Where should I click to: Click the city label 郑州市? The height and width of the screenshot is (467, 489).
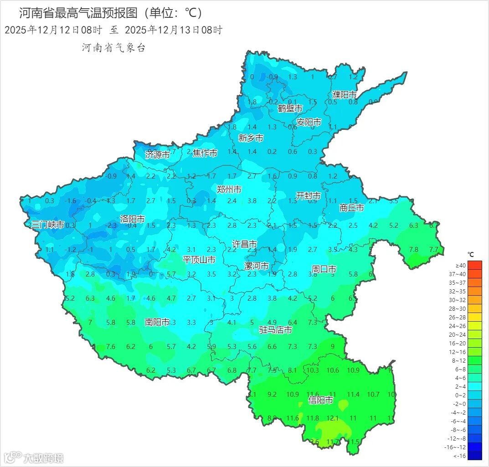(229, 190)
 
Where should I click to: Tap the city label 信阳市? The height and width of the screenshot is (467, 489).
(320, 400)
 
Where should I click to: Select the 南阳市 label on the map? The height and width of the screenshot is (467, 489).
(157, 322)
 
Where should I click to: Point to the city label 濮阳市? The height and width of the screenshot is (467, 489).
(344, 95)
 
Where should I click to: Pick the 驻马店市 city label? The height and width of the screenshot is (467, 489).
(275, 329)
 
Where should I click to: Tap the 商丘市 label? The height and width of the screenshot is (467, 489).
(352, 208)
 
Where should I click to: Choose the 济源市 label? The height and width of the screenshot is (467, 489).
(157, 154)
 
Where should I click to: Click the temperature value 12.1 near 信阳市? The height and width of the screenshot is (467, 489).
(332, 418)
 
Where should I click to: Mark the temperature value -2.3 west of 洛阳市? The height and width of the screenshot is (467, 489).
(111, 226)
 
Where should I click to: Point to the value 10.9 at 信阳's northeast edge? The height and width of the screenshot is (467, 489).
(353, 370)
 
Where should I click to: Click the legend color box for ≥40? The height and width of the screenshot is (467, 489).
(474, 265)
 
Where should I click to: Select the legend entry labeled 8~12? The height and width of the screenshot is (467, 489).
(474, 360)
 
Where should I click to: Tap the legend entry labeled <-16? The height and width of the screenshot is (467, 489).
(474, 456)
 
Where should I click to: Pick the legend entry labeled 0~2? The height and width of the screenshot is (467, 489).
(474, 395)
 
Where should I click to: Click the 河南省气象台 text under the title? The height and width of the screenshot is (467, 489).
(113, 48)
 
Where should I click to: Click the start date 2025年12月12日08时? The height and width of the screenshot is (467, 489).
(53, 31)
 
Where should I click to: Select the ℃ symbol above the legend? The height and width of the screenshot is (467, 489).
(470, 255)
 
